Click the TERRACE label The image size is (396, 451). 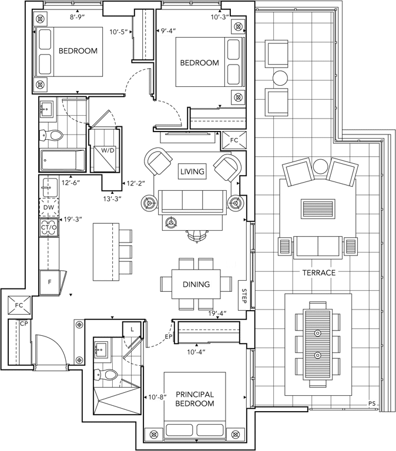tap(318, 273)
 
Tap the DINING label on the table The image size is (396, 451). tap(196, 284)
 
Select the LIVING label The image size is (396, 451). tap(192, 172)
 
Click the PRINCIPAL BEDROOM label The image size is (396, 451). tap(194, 399)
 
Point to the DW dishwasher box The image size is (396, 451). tap(48, 207)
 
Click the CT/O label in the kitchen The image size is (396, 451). tap(48, 227)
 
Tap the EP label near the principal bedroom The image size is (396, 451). tap(167, 336)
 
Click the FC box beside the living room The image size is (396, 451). tap(234, 141)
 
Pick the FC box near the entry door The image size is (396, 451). tap(18, 305)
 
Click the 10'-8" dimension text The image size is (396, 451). tap(157, 398)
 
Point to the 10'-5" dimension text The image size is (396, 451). tap(120, 33)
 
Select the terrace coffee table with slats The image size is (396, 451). tap(317, 209)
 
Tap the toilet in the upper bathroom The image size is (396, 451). tap(52, 136)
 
